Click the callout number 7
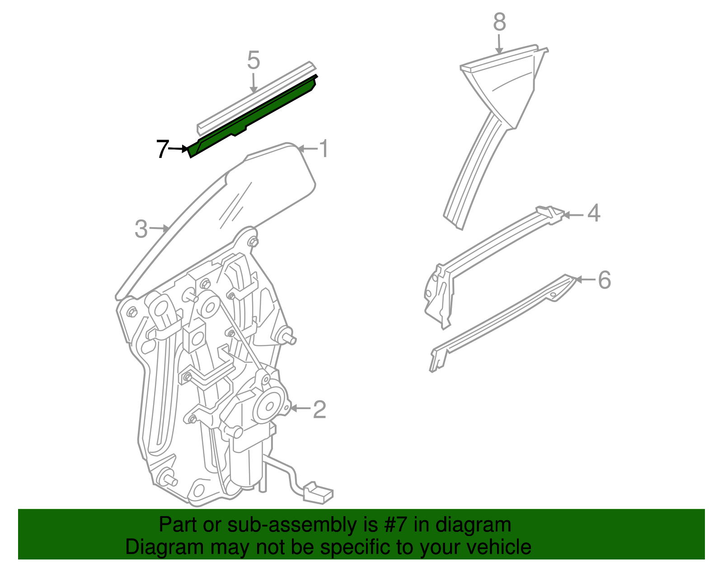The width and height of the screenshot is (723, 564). pos(162,149)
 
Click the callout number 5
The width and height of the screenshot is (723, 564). pos(254,61)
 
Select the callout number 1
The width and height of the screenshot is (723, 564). pos(324,149)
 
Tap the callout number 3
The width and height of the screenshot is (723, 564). pos(141,229)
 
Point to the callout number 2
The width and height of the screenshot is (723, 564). pos(319,410)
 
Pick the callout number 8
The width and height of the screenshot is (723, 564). pos(499,22)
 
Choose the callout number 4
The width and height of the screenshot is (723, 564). pos(594,213)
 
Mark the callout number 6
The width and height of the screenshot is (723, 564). pos(604,280)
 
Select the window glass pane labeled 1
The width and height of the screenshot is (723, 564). pos(271,181)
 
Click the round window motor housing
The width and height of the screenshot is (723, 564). pos(270,404)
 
